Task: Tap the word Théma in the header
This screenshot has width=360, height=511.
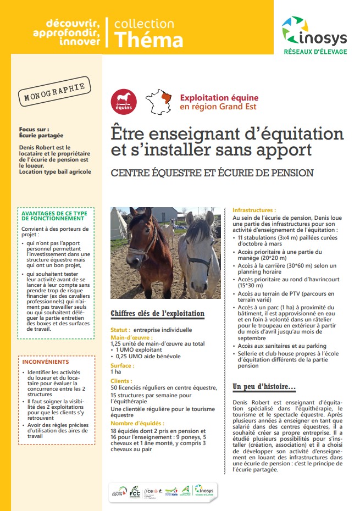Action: point(148,40)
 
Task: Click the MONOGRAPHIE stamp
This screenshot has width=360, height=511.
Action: point(54,94)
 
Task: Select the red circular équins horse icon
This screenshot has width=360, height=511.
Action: point(124,101)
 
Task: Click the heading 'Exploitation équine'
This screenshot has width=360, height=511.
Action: point(219,98)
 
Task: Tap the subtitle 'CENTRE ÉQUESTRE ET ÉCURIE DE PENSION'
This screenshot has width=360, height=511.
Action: point(212,173)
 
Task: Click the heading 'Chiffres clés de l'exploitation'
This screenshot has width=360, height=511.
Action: point(157,314)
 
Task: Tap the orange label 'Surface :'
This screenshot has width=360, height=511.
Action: point(123,365)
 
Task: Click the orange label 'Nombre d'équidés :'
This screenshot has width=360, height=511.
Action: point(137,423)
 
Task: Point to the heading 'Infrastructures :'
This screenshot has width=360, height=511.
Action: point(254,210)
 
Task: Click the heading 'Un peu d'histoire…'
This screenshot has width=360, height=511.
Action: point(264,387)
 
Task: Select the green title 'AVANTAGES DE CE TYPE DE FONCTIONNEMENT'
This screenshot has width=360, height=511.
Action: point(53,215)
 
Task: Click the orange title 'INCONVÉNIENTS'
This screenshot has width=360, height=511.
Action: point(46,362)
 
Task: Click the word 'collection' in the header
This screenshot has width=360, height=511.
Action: point(144,24)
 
